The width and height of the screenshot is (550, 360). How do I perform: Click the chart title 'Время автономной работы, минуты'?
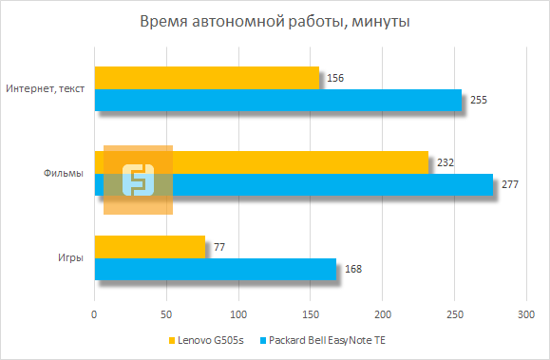pyautogui.click(x=275, y=21)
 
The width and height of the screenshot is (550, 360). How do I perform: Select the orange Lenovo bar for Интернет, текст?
pyautogui.click(x=207, y=78)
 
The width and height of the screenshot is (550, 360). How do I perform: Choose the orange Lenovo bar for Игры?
pyautogui.click(x=149, y=247)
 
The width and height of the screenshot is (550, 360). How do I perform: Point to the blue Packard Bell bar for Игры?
pyautogui.click(x=215, y=270)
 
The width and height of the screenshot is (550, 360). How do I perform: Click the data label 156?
pyautogui.click(x=333, y=78)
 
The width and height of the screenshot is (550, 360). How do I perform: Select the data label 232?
pyautogui.click(x=444, y=162)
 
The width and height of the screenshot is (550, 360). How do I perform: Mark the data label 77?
pyautogui.click(x=218, y=247)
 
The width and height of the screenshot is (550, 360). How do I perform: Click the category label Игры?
pyautogui.click(x=68, y=258)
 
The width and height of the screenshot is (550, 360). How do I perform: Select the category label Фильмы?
pyautogui.click(x=63, y=174)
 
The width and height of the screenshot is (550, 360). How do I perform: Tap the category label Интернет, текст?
pyautogui.click(x=46, y=89)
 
